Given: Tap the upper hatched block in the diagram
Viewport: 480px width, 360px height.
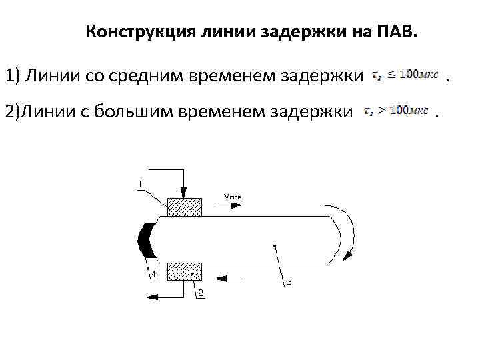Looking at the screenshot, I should click(185, 207).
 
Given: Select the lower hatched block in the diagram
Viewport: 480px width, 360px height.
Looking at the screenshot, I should click(185, 271).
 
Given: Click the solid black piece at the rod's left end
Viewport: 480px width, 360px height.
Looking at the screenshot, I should click(146, 240).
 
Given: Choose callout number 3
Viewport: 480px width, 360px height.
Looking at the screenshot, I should click(289, 282).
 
